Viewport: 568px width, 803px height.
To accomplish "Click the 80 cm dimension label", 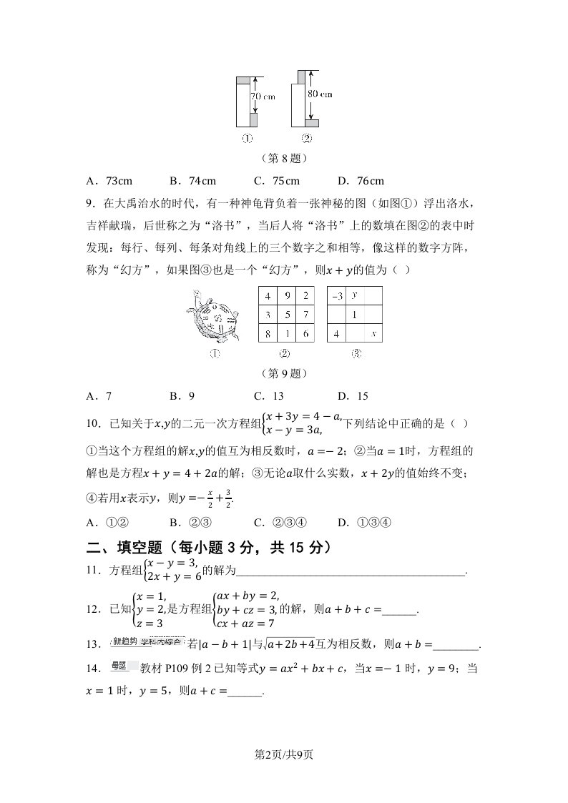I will click(x=320, y=94).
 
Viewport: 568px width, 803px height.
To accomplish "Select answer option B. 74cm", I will click(x=192, y=181).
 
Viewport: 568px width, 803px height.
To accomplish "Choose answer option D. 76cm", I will click(x=361, y=181).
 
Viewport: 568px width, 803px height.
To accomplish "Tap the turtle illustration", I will click(x=212, y=318).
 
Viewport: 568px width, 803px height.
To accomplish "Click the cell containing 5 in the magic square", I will click(x=286, y=315).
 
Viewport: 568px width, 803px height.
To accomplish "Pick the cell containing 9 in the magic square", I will click(x=286, y=295).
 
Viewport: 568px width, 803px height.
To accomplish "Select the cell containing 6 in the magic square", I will click(x=305, y=333).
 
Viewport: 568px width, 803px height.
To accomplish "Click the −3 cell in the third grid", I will click(x=337, y=295).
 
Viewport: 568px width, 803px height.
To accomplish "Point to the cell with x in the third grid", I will click(x=374, y=333).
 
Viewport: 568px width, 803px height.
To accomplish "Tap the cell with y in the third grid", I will click(x=356, y=295).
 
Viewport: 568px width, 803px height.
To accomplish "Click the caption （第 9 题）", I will click(x=284, y=373).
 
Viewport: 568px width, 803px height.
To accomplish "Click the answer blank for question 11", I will click(x=351, y=571).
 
